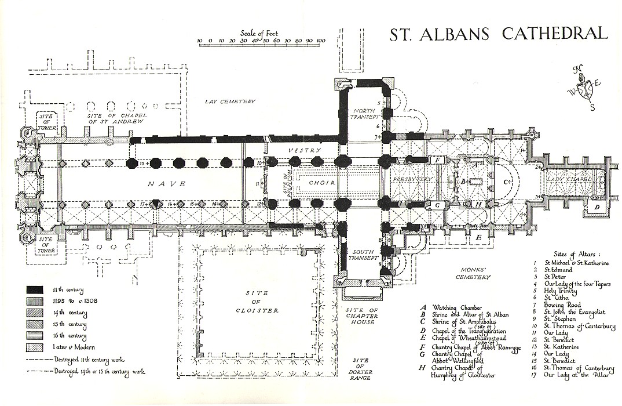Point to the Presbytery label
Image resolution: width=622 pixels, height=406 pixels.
tap(412, 180)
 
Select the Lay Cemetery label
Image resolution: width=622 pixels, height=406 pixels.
tap(230, 101)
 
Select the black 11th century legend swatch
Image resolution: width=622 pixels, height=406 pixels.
tap(35, 289)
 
